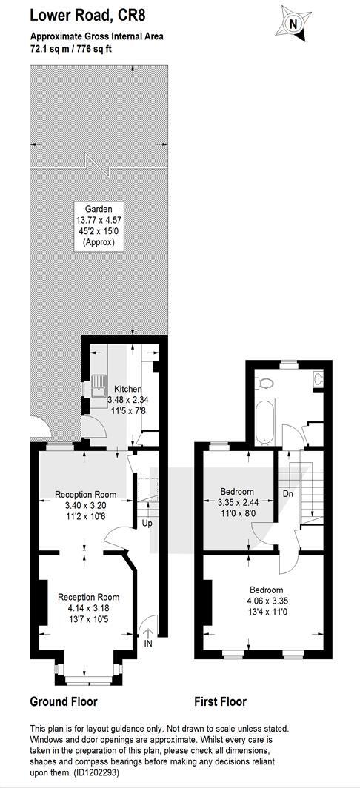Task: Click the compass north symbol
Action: click(293, 24)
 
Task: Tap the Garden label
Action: click(99, 209)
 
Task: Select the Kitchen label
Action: click(127, 389)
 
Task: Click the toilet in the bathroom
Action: click(267, 382)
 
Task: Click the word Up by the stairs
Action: click(147, 524)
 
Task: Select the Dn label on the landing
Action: click(288, 493)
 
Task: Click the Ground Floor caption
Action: click(63, 701)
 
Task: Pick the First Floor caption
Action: click(220, 701)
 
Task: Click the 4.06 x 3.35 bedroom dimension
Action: click(266, 601)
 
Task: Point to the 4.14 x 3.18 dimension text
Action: click(89, 608)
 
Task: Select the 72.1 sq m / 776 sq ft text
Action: click(72, 48)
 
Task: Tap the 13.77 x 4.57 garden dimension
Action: click(99, 220)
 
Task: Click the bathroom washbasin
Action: click(318, 379)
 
